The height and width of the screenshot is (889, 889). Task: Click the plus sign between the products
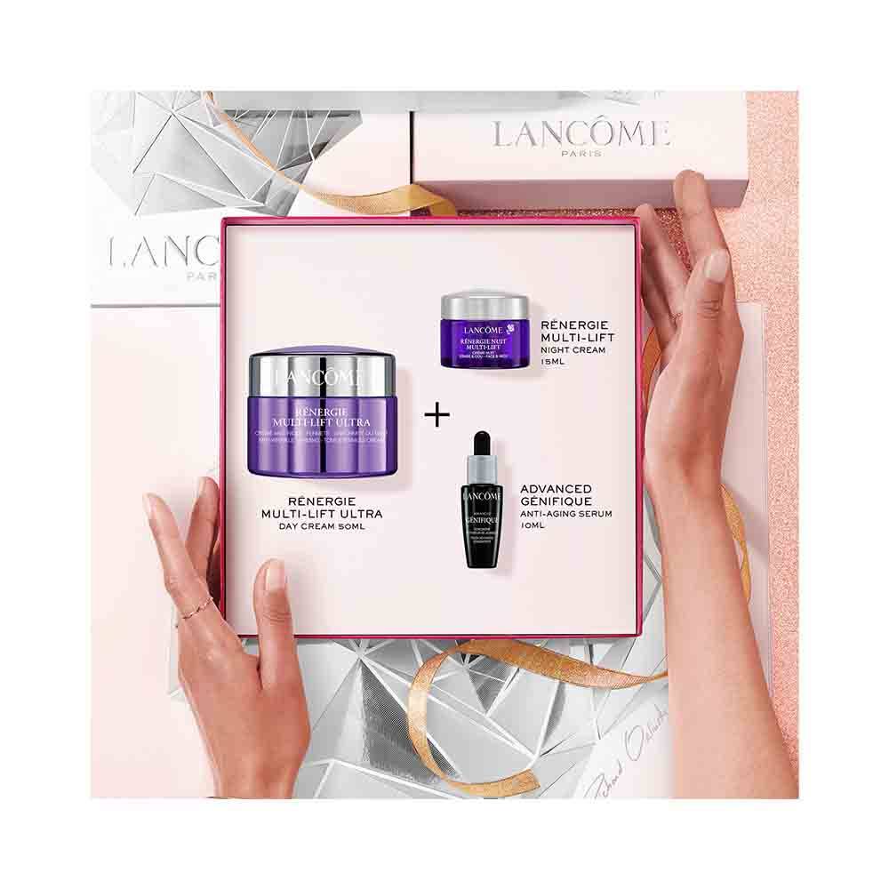coord(436,415)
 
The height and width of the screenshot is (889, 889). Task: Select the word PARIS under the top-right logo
coord(581,153)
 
